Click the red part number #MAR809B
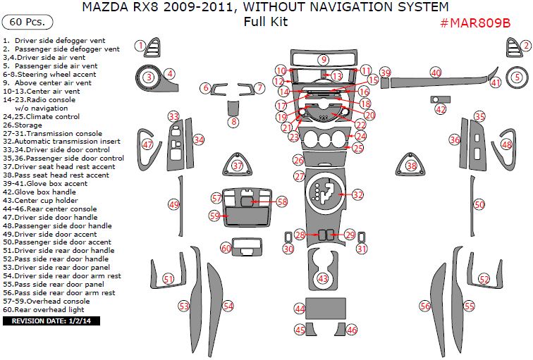[475, 23]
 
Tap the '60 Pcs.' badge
[27, 23]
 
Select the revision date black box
[53, 321]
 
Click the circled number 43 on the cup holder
[323, 279]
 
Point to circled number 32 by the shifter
[358, 194]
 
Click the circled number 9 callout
[323, 60]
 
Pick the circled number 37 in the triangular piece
[238, 166]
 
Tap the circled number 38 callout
[411, 166]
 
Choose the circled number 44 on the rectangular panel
[300, 309]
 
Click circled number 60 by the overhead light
[226, 248]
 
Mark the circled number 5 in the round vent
[517, 77]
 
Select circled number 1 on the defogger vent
[140, 46]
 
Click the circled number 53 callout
[184, 306]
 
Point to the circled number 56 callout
[424, 306]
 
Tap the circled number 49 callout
[173, 204]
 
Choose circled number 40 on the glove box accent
[436, 73]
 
